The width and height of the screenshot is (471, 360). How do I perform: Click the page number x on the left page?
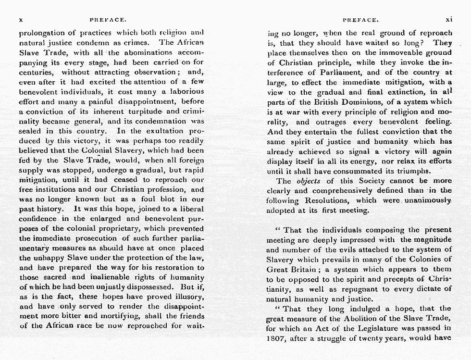coord(21,20)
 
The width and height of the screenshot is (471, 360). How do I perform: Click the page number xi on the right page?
coord(449,20)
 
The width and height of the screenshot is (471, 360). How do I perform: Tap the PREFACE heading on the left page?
coord(108,20)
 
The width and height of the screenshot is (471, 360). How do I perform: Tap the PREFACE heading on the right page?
coord(360,20)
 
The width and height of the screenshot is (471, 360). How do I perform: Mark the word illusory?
coord(188,297)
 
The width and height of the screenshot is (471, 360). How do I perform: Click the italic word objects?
coord(309,181)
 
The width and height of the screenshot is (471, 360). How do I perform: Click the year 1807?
coord(276,338)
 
